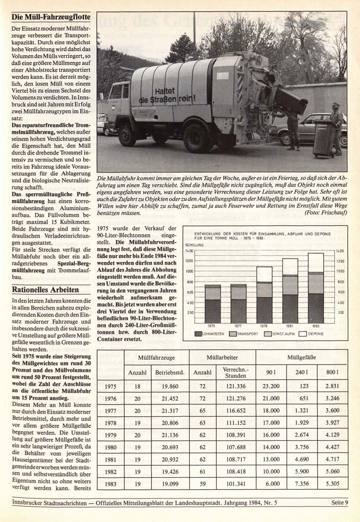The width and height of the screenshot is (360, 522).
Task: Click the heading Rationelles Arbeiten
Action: (45, 289)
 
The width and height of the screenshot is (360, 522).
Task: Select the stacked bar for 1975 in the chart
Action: (212, 304)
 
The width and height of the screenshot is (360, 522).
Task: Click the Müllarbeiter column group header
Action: (222, 358)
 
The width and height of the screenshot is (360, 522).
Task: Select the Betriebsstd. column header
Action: (169, 373)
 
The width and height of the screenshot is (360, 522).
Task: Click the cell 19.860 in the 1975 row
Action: (169, 386)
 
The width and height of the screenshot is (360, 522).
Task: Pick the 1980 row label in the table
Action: (111, 447)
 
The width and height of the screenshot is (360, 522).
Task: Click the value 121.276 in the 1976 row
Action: (236, 399)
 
